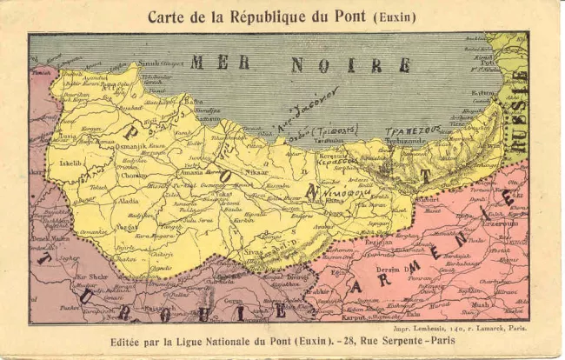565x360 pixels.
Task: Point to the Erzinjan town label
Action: (378, 242)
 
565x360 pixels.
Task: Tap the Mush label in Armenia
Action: (481, 304)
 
